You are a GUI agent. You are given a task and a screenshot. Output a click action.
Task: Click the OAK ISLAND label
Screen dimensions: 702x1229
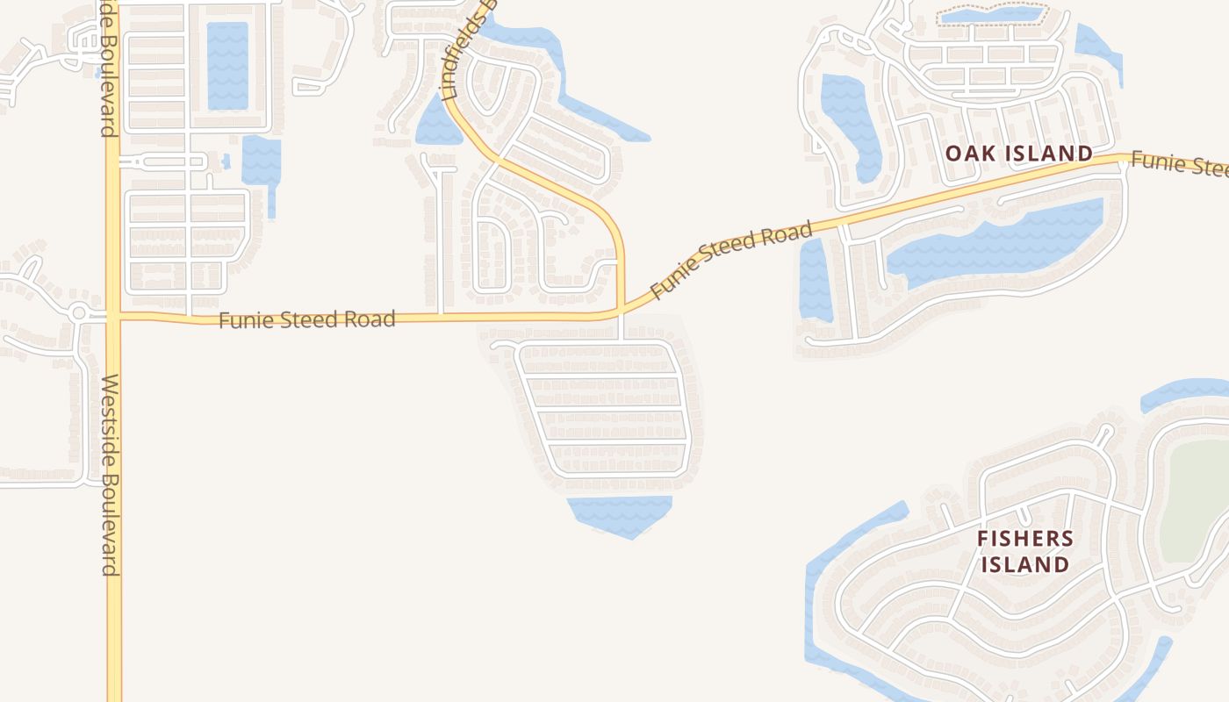pyautogui.click(x=1018, y=154)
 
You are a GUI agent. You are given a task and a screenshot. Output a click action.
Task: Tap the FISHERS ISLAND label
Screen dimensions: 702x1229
pyautogui.click(x=1024, y=551)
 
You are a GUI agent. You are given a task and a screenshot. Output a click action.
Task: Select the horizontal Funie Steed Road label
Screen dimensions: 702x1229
pyautogui.click(x=306, y=319)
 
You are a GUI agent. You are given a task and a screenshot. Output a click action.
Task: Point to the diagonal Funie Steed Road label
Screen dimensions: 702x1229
pyautogui.click(x=730, y=261)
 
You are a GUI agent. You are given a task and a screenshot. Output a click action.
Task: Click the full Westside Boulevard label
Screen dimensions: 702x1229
pyautogui.click(x=111, y=475)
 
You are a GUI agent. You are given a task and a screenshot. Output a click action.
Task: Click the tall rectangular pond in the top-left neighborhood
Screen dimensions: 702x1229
pyautogui.click(x=227, y=66)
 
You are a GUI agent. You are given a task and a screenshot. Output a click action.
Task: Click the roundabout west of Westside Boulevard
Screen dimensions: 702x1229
pyautogui.click(x=79, y=312)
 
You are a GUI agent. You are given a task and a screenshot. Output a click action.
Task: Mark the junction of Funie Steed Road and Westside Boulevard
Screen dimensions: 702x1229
pyautogui.click(x=113, y=316)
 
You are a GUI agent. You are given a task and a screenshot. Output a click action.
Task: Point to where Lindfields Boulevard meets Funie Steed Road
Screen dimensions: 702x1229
pyautogui.click(x=621, y=311)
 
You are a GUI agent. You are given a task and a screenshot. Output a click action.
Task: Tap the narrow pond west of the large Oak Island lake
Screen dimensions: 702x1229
pyautogui.click(x=814, y=279)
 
